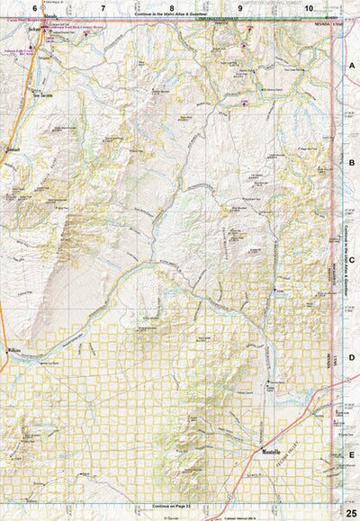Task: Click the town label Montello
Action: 272,450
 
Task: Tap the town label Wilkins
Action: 13,351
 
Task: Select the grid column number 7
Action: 103,7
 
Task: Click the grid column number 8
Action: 172,7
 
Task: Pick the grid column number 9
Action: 241,7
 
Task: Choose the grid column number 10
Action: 309,7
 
